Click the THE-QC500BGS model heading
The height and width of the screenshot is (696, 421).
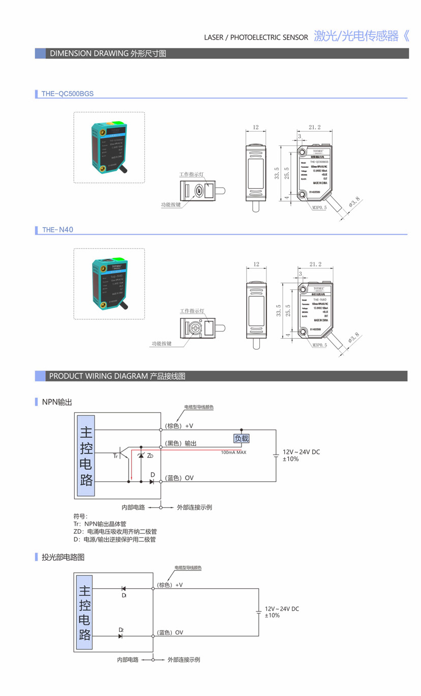pyautogui.click(x=67, y=94)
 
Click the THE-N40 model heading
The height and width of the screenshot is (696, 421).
pyautogui.click(x=58, y=230)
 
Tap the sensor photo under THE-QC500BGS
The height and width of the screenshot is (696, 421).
pyautogui.click(x=109, y=147)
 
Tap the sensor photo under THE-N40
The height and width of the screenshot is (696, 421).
pyautogui.click(x=109, y=284)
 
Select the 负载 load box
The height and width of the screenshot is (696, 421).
pyautogui.click(x=241, y=438)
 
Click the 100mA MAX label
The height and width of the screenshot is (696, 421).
pyautogui.click(x=233, y=452)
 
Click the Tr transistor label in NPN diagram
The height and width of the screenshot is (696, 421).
pyautogui.click(x=116, y=456)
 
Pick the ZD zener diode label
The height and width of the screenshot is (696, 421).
pyautogui.click(x=150, y=456)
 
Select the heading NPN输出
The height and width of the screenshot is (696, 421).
pyautogui.click(x=57, y=402)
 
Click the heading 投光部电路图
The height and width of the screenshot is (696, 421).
pyautogui.click(x=63, y=557)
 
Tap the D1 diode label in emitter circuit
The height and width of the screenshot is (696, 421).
pyautogui.click(x=124, y=595)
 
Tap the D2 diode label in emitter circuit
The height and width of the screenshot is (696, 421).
pyautogui.click(x=121, y=630)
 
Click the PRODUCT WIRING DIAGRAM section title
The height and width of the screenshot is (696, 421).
pyautogui.click(x=117, y=376)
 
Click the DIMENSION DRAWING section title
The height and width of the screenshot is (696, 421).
pyautogui.click(x=107, y=53)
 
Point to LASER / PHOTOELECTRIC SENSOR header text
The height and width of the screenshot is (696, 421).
pyautogui.click(x=256, y=37)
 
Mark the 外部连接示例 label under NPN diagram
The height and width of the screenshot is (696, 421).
pyautogui.click(x=194, y=507)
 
